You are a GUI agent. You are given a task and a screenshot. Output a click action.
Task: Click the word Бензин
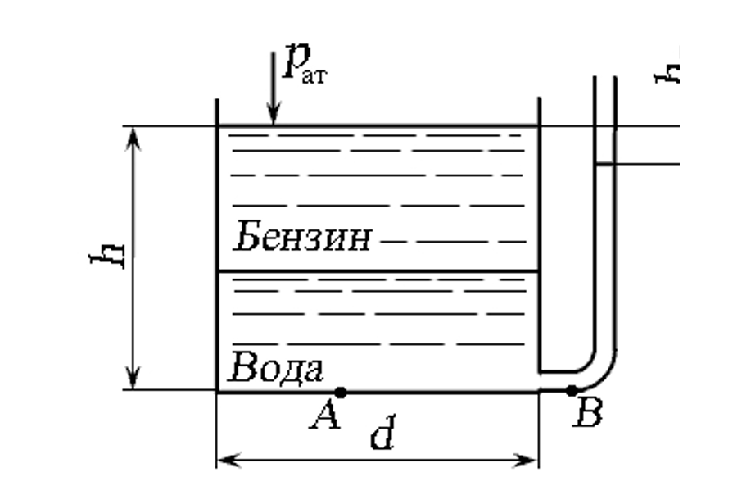pyautogui.click(x=303, y=238)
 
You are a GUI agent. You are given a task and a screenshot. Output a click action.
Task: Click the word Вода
pyautogui.click(x=277, y=368)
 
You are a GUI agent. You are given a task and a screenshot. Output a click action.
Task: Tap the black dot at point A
pyautogui.click(x=341, y=393)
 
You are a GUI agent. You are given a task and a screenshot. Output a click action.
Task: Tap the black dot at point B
pyautogui.click(x=572, y=390)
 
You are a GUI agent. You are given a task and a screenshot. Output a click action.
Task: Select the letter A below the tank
pyautogui.click(x=324, y=418)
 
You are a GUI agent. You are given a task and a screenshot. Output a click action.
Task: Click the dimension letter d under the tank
pyautogui.click(x=382, y=436)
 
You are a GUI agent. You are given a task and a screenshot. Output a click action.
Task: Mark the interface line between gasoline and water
pyautogui.click(x=377, y=271)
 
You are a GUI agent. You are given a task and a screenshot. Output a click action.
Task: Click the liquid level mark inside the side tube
pyautogui.click(x=605, y=163)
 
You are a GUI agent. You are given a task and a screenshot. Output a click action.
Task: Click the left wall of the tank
pyautogui.click(x=217, y=246)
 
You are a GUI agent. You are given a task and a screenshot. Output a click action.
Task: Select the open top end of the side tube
pyautogui.click(x=605, y=79)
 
